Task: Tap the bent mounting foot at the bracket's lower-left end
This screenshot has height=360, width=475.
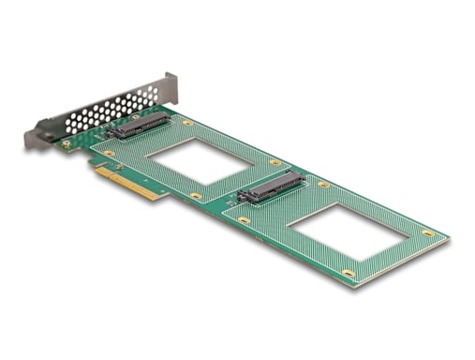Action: coord(34,139)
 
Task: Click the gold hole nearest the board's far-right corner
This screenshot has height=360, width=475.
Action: coord(427,232)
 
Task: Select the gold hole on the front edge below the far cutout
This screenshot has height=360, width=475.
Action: coord(349,274)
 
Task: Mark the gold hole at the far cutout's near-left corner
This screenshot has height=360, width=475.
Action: coord(245,219)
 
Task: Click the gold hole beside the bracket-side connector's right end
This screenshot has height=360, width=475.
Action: coord(187,123)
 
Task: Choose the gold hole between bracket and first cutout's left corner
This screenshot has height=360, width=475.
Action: coord(110,153)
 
